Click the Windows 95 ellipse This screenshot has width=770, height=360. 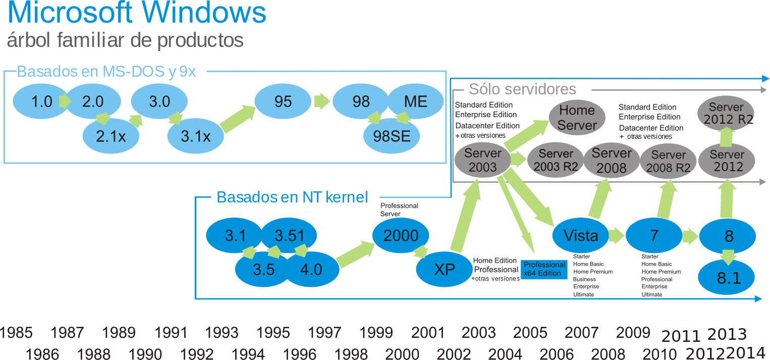tap(283, 101)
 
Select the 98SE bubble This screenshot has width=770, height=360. tap(392, 136)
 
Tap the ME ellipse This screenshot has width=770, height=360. tap(415, 101)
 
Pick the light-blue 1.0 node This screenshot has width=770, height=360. tap(41, 101)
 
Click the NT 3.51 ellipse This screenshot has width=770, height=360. tap(290, 235)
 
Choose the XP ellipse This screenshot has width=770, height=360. tap(444, 270)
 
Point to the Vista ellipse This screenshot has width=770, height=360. tap(581, 235)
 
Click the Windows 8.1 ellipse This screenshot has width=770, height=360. tap(728, 278)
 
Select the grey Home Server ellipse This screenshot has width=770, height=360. tap(577, 118)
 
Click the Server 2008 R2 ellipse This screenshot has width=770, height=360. tap(668, 162)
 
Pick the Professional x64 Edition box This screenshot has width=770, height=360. tap(544, 269)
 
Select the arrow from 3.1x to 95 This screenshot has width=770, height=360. tap(238, 119)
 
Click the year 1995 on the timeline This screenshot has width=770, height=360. tap(273, 333)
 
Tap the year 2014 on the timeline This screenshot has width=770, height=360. tap(746, 352)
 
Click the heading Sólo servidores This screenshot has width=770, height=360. tap(522, 89)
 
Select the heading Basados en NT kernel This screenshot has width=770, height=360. tap(292, 197)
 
